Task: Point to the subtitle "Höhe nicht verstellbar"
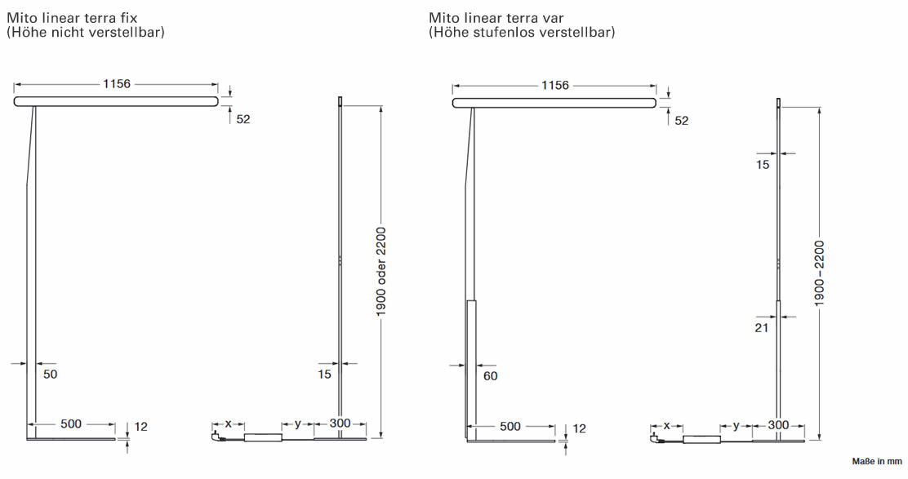tap(86, 33)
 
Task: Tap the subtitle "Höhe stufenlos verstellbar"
tap(522, 33)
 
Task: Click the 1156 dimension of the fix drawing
tap(116, 84)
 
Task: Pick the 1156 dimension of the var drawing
tap(554, 86)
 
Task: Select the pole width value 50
tap(51, 375)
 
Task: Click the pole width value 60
tap(490, 376)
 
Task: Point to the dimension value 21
tap(763, 328)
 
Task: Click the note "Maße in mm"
tap(875, 462)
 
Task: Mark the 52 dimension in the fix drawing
tap(243, 119)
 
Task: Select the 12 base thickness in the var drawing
tap(579, 428)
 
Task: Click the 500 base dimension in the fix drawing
tap(71, 424)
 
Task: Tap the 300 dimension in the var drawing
tap(778, 425)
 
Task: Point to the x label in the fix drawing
tap(229, 424)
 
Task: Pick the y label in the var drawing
tap(736, 425)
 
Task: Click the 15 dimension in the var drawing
tap(763, 165)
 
